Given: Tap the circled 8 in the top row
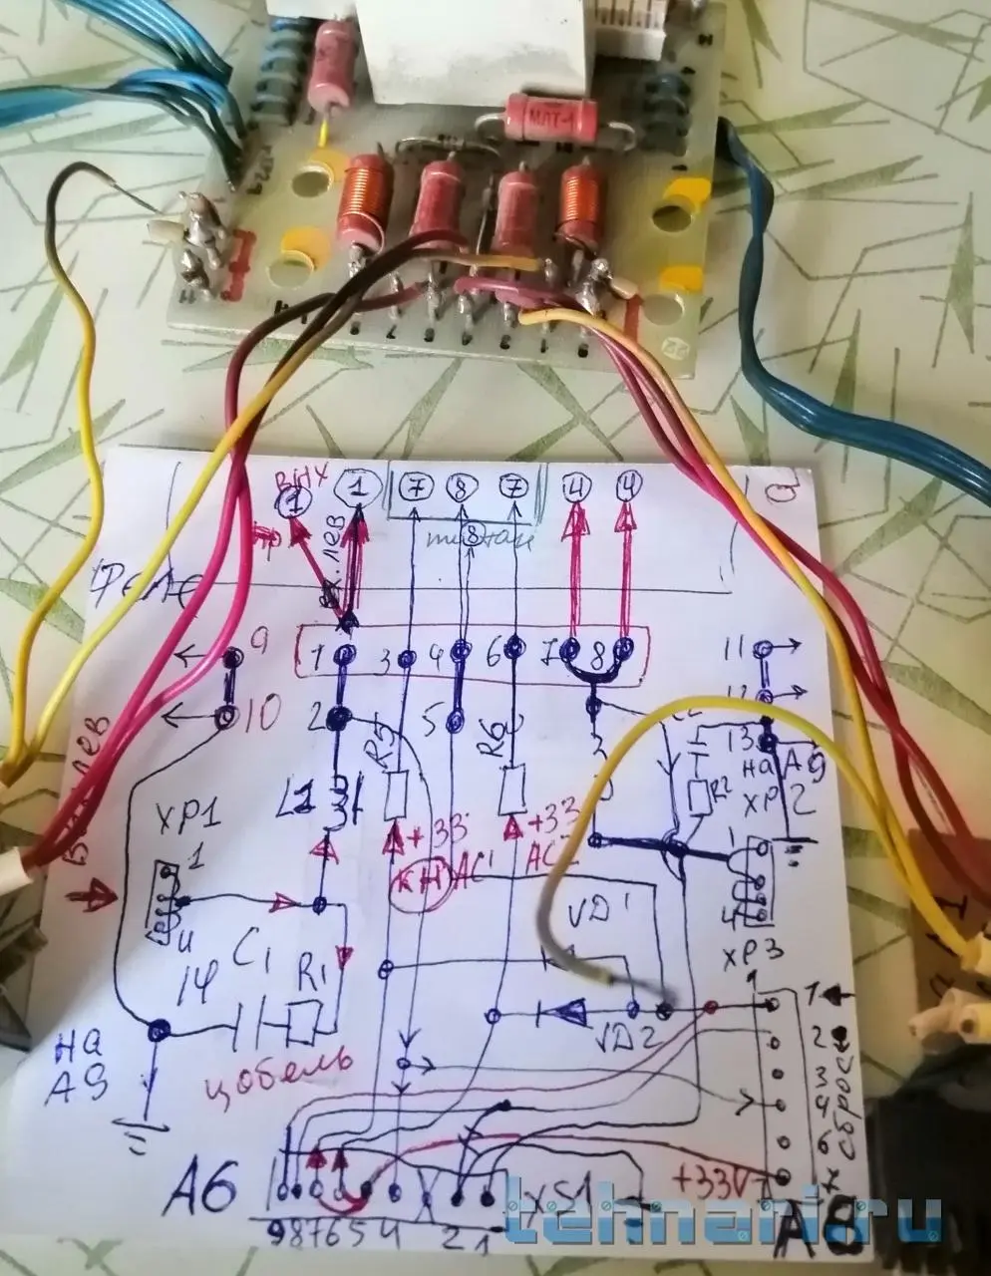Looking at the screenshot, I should pos(462,488).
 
